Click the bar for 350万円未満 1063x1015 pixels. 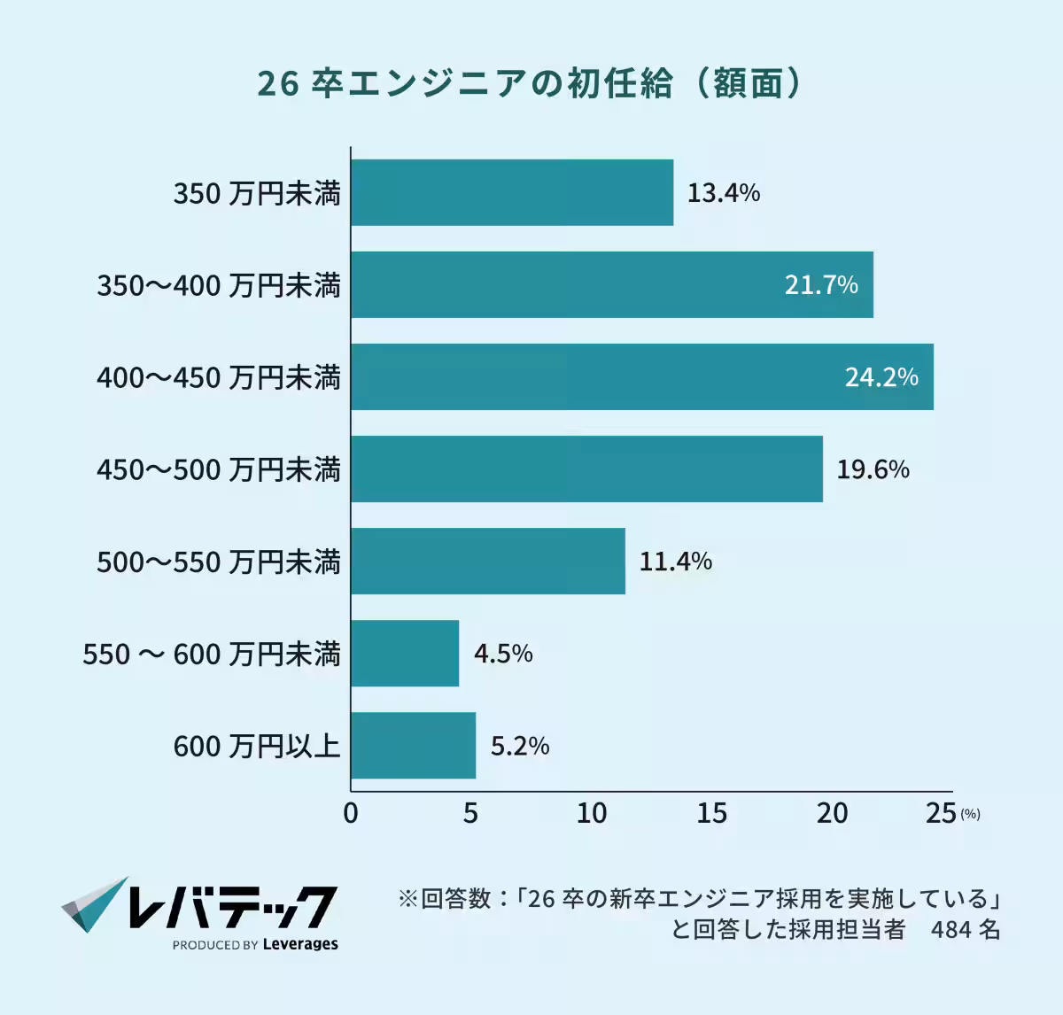(x=512, y=193)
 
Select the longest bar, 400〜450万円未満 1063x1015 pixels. (x=642, y=377)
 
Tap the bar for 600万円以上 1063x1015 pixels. (x=413, y=746)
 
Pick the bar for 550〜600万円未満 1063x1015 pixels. (x=405, y=654)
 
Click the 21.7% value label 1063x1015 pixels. (x=821, y=285)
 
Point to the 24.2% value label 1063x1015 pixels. (x=881, y=377)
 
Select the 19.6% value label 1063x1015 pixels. (x=873, y=469)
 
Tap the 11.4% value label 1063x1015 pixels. (x=675, y=562)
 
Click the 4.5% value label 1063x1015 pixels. (x=503, y=654)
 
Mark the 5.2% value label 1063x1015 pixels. (x=520, y=746)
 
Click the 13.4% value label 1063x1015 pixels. (x=724, y=193)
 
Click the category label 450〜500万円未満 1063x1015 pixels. (x=219, y=469)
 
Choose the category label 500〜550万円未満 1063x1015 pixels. (x=219, y=562)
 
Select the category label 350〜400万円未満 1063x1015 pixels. (x=219, y=285)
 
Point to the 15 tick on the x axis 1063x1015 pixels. (x=711, y=813)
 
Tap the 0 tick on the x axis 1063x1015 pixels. (x=351, y=813)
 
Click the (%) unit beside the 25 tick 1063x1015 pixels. (x=970, y=815)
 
